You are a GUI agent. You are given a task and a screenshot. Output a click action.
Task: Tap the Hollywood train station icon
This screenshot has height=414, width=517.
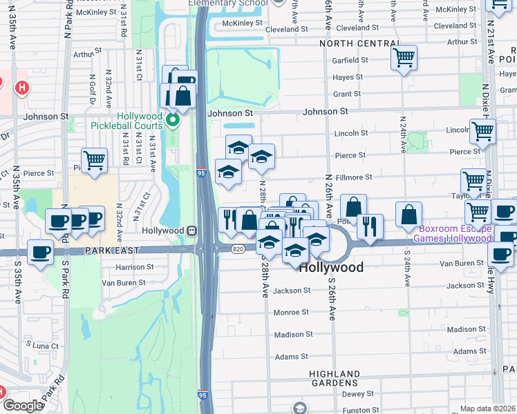point(191,230)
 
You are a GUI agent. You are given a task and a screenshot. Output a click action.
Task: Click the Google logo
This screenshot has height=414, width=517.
point(23,406)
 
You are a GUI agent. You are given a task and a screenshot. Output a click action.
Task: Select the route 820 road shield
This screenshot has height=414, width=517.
point(238,248)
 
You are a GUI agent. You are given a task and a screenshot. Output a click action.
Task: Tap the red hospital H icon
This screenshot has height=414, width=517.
point(22,88)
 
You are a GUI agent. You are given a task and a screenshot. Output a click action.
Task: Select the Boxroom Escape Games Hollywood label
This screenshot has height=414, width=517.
point(452,233)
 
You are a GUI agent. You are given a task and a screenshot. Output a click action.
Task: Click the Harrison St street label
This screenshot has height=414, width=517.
point(135,266)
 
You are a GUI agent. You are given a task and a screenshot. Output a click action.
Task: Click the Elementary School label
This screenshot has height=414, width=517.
point(228,3)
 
